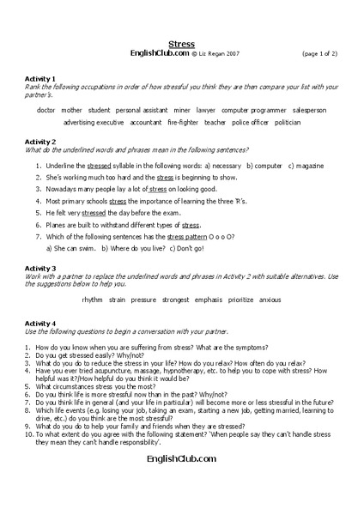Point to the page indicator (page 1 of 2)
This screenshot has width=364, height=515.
pyautogui.click(x=319, y=52)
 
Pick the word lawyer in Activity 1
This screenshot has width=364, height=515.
pyautogui.click(x=205, y=110)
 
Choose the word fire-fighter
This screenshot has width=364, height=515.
pyautogui.click(x=184, y=122)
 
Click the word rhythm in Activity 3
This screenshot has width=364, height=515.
pyautogui.click(x=92, y=300)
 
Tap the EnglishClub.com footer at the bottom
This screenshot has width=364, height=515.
pyautogui.click(x=181, y=461)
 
